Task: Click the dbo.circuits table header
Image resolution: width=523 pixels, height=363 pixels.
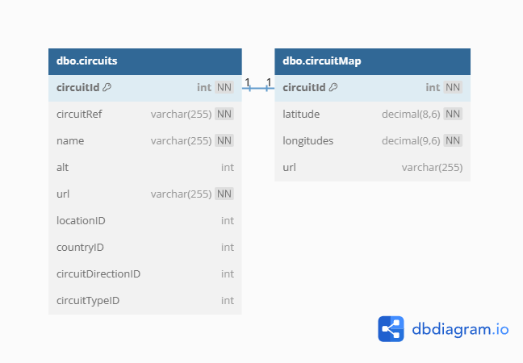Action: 145,61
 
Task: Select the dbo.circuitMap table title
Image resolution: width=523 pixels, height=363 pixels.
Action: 321,61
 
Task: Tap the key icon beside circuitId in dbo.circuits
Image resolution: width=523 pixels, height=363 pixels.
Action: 107,87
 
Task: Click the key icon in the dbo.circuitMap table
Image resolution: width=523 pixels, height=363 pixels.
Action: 333,87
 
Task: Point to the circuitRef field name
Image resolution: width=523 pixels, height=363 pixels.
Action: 79,114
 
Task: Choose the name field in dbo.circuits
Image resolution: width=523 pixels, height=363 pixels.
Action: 70,140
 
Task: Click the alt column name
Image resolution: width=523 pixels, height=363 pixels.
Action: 63,167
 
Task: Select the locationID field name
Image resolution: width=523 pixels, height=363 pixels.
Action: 81,220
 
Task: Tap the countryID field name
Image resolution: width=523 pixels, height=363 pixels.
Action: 81,248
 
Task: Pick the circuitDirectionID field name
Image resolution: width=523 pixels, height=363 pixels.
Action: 98,273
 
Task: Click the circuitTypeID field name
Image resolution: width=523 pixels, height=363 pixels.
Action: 88,301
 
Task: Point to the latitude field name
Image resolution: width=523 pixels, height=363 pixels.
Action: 301,114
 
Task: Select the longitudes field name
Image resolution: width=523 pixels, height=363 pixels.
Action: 308,141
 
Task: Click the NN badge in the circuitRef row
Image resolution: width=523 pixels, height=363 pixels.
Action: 224,114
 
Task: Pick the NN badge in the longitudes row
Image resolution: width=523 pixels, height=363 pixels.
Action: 453,140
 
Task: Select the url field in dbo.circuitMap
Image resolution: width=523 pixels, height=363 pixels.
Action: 289,167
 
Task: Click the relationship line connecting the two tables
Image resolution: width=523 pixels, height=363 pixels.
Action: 258,89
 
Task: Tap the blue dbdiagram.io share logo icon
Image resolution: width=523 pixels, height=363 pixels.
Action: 391,329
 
